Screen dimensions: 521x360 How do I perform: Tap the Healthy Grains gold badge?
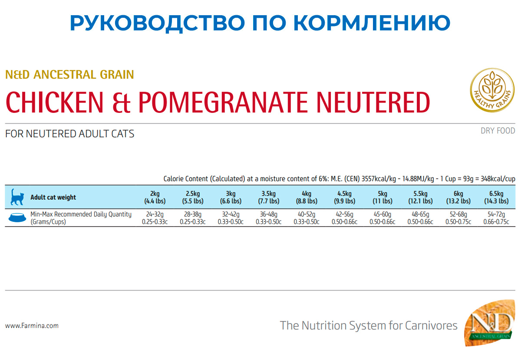tap(492, 90)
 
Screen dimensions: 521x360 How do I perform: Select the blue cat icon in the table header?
tap(17, 197)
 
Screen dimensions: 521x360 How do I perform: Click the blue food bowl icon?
tap(17, 218)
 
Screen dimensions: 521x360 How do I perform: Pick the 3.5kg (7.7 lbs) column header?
tap(268, 197)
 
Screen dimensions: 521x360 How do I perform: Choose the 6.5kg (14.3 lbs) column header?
tap(496, 197)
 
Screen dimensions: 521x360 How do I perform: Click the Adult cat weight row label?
tap(53, 197)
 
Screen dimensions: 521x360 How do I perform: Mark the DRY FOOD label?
tap(498, 131)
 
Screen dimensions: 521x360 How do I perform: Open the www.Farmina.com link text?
tap(32, 325)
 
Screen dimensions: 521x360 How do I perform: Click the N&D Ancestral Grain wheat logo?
tap(489, 323)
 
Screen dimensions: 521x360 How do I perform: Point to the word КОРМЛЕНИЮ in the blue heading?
tap(372, 23)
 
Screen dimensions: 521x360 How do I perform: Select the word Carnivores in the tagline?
tap(431, 325)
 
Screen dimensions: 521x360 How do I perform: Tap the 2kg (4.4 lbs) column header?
tap(155, 197)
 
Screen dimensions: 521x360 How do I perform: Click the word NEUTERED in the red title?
tap(373, 102)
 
